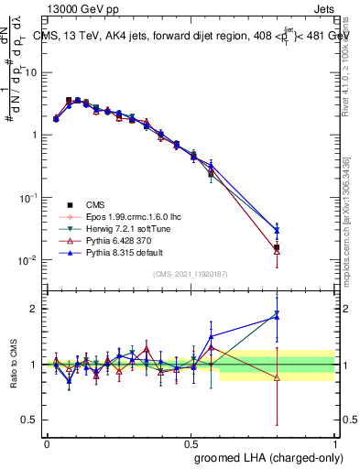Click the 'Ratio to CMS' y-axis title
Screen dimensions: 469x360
click(x=15, y=365)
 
